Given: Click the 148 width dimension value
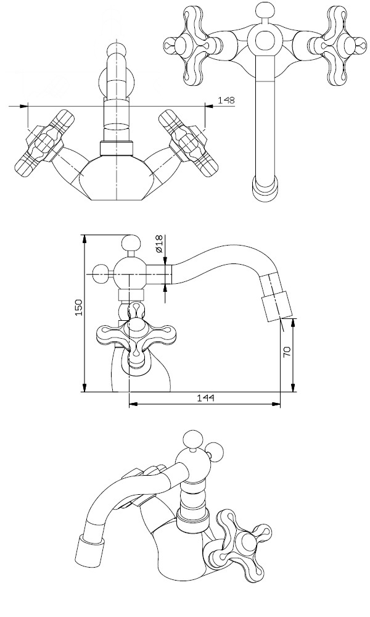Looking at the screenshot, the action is tap(226, 100).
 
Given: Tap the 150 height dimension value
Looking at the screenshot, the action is tap(79, 307).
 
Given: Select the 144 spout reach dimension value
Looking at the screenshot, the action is tap(205, 398).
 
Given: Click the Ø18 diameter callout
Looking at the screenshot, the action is tap(159, 244).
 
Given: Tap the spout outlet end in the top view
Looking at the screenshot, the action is tap(265, 188).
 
